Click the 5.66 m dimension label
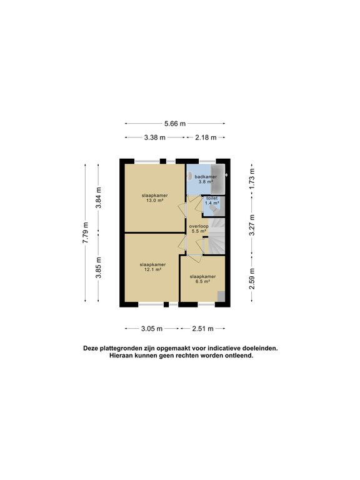point(175,124)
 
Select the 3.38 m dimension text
point(154,137)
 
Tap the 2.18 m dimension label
point(206,137)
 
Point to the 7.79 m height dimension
point(86,233)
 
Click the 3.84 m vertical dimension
point(98,197)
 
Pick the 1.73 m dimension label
point(252,178)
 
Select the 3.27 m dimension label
point(252,225)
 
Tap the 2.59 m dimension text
point(252,279)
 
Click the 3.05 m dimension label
point(152,329)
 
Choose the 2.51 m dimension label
point(202,329)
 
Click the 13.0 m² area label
point(154,201)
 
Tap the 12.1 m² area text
point(152,270)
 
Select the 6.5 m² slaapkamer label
point(202,279)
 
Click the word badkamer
point(206,177)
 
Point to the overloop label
point(199,226)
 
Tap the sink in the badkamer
point(189,176)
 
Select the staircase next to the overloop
point(217,236)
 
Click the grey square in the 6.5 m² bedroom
point(221,296)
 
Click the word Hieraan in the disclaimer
point(121,356)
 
